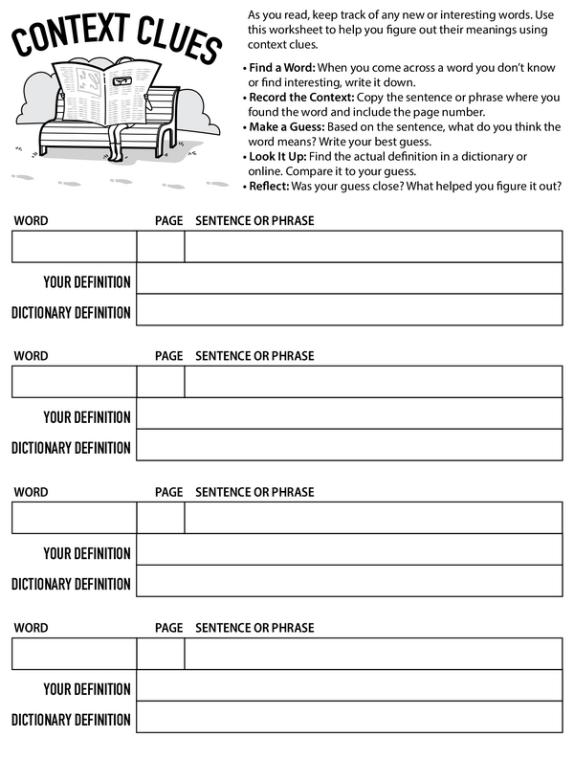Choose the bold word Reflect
coord(270,186)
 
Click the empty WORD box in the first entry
coord(74,246)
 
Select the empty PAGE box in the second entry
coord(160,381)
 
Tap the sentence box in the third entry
coord(373,518)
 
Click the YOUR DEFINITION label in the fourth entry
coord(86,689)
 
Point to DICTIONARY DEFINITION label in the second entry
coord(71,448)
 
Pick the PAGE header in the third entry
coord(168,492)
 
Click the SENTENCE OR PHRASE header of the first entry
coord(254,221)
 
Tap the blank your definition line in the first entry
coord(349,279)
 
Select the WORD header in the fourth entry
coord(31,628)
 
